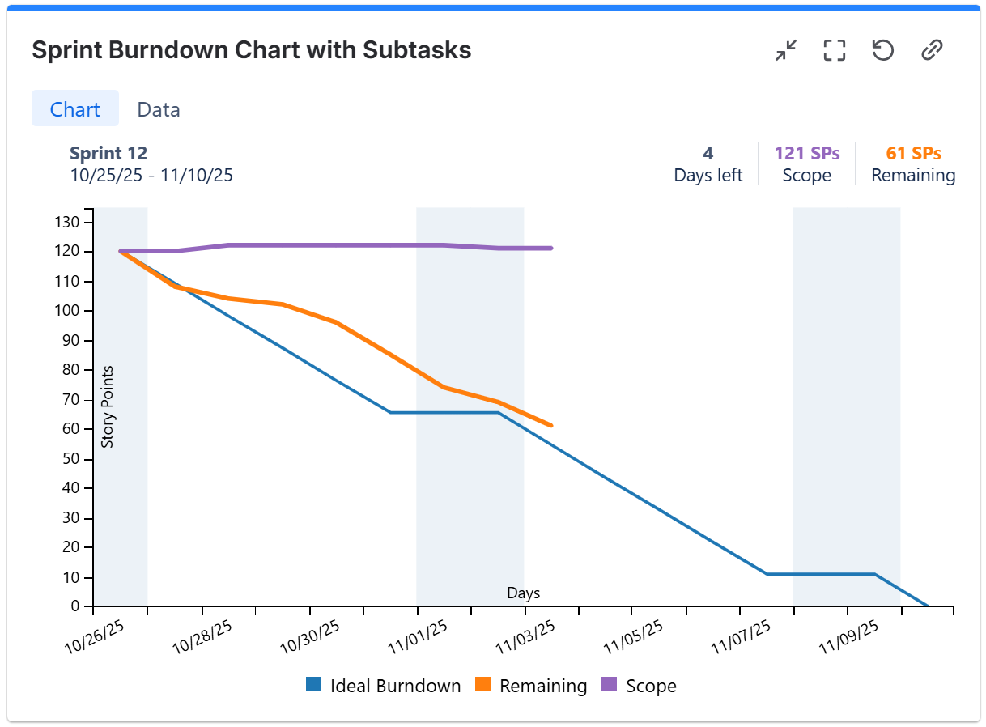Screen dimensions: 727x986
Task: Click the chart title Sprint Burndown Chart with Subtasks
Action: [251, 50]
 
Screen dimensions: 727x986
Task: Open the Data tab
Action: [159, 109]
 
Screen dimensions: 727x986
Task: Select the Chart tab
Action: [75, 109]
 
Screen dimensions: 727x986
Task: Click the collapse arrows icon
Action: [785, 51]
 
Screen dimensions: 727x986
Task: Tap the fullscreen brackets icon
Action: [834, 51]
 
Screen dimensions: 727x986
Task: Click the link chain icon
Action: [932, 51]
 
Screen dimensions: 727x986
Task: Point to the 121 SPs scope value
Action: [806, 153]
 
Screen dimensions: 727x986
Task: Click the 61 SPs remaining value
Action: [913, 153]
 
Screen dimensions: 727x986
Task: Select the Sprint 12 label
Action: [108, 153]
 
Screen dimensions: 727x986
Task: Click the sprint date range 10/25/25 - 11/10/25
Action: [151, 175]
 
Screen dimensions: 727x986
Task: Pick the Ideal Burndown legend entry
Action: [384, 686]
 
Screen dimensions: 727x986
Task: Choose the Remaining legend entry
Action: [531, 686]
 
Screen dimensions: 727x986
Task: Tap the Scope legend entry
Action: [640, 686]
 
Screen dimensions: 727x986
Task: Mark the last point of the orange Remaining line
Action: [551, 425]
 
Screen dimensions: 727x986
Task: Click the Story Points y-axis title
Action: [108, 406]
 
